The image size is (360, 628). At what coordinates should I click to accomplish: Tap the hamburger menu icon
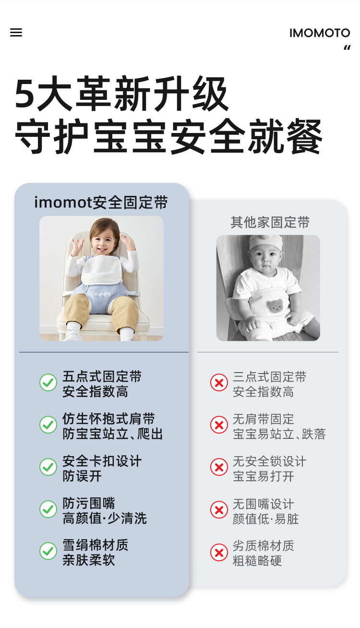(16, 33)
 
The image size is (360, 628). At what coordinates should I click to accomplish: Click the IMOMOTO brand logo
(320, 33)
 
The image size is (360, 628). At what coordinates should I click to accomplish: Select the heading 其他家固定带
(270, 222)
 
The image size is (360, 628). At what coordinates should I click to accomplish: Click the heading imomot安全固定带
(101, 202)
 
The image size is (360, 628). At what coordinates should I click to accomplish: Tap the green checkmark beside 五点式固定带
(48, 382)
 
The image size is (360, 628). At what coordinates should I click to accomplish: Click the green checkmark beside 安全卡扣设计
(48, 467)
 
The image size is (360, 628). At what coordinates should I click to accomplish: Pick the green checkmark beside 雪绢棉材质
(48, 551)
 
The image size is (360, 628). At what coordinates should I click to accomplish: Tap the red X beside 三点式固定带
(219, 382)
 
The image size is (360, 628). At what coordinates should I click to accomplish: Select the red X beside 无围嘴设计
(219, 509)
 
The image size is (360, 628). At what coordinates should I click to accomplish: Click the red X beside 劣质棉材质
(219, 552)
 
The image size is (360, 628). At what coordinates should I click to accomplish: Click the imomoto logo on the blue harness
(101, 293)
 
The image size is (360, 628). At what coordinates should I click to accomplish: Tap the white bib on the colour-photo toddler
(101, 270)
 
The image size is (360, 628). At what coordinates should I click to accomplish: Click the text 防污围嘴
(89, 503)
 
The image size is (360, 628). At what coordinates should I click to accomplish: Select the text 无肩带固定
(263, 419)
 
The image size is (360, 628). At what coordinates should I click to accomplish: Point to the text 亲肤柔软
(89, 560)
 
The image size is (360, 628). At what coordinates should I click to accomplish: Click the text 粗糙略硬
(257, 561)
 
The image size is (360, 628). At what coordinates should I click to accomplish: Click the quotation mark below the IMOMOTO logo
(347, 48)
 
